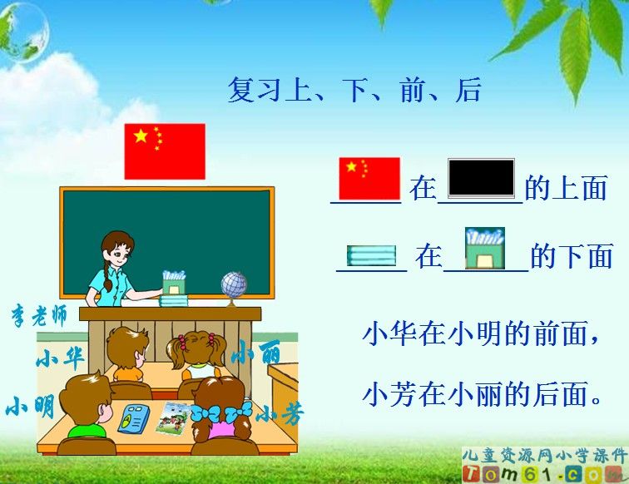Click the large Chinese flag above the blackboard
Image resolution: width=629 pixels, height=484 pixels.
[x=165, y=151]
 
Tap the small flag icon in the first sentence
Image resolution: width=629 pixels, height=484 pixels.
[x=369, y=179]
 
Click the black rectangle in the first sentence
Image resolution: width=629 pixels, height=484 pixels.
[x=481, y=177]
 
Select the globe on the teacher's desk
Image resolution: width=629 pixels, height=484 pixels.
[x=234, y=285]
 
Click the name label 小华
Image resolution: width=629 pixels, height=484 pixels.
[x=60, y=358]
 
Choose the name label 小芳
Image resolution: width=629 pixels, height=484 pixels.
[x=280, y=413]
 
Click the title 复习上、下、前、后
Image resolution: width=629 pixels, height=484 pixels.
[x=354, y=91]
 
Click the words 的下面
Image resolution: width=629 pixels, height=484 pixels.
[x=572, y=257]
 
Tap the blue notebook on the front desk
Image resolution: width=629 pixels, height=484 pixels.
[x=132, y=418]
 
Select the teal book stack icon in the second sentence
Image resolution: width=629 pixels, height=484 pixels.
[x=371, y=255]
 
